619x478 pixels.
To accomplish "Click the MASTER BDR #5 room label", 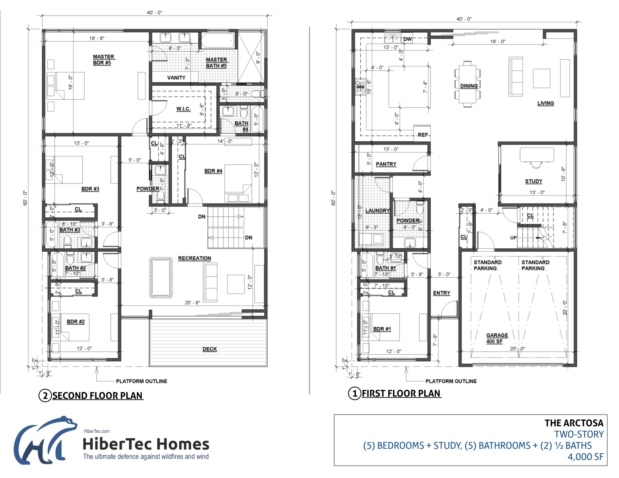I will pyautogui.click(x=103, y=59).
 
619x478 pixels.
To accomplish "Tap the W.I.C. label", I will pyautogui.click(x=183, y=109).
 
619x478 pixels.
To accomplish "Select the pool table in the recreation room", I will pyautogui.click(x=161, y=277).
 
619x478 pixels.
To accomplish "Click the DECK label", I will pyautogui.click(x=209, y=349).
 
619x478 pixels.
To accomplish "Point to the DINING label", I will pyautogui.click(x=469, y=86).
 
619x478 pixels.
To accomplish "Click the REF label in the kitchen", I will pyautogui.click(x=423, y=135).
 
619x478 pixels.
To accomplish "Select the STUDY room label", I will pyautogui.click(x=533, y=181).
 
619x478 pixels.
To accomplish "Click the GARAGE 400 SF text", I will pyautogui.click(x=497, y=338).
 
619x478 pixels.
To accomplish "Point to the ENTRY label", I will pyautogui.click(x=441, y=293).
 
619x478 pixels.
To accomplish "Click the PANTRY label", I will pyautogui.click(x=386, y=164).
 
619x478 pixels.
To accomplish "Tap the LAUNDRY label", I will pyautogui.click(x=377, y=210).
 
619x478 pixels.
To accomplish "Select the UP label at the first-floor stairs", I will pyautogui.click(x=513, y=238).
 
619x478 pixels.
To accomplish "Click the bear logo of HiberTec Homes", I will pyautogui.click(x=45, y=441).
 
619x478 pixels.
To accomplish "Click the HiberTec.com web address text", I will pyautogui.click(x=96, y=431).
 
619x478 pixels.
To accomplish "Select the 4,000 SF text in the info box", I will pyautogui.click(x=585, y=457).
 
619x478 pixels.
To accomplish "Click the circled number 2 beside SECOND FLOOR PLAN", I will pyautogui.click(x=45, y=396).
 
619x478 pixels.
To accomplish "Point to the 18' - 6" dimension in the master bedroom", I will pyautogui.click(x=97, y=38).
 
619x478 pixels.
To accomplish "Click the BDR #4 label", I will pyautogui.click(x=213, y=171).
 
